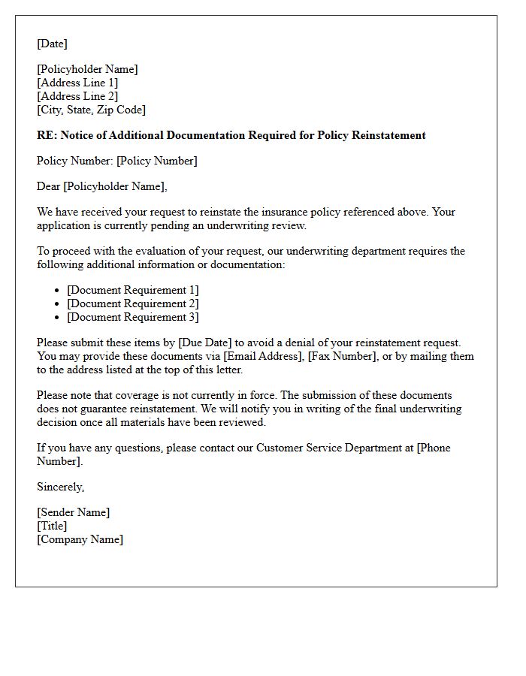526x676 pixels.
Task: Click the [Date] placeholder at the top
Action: click(52, 44)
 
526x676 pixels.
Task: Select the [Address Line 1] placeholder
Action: click(77, 83)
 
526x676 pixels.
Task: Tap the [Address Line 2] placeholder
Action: click(77, 96)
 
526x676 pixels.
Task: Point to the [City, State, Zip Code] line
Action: click(91, 110)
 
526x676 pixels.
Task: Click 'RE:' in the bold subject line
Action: click(46, 135)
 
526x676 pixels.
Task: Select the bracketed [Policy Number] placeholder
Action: click(156, 161)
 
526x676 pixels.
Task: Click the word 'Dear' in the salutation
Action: click(49, 186)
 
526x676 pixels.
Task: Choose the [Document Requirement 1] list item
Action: click(132, 290)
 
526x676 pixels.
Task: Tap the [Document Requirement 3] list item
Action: click(132, 317)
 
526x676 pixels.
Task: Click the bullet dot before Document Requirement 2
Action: click(58, 304)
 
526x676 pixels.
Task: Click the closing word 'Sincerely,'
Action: click(61, 487)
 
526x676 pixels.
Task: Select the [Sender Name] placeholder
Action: click(73, 512)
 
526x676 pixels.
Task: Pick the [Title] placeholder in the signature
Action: click(52, 526)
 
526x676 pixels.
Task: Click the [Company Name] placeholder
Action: click(80, 539)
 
